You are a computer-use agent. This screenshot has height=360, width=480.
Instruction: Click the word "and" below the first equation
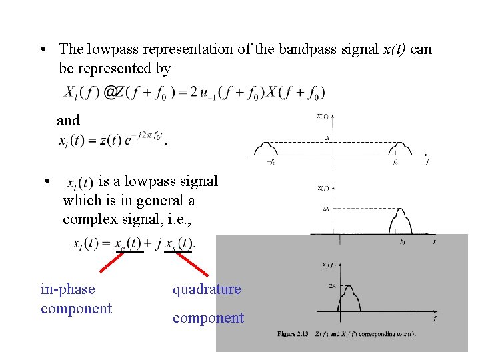coord(68,121)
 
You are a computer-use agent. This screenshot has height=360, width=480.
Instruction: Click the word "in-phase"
coord(68,289)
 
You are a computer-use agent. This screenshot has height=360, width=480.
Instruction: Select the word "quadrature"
coord(207,289)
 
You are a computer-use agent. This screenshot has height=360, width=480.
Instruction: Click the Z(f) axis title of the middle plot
coord(321,189)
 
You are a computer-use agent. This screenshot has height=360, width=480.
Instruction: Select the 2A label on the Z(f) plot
coord(325,209)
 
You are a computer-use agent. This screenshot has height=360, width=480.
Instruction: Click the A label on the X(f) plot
coord(327,139)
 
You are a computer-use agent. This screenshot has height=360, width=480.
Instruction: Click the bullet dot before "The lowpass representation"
coord(42,50)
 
